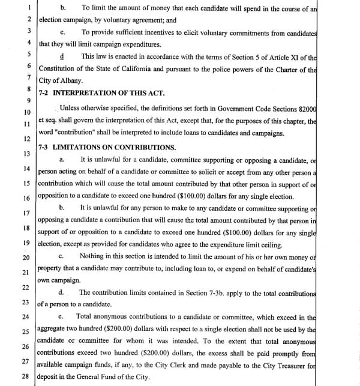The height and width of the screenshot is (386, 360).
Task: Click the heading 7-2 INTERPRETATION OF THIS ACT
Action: pyautogui.click(x=99, y=93)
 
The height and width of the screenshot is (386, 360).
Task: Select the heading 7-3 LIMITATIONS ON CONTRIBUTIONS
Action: pyautogui.click(x=107, y=147)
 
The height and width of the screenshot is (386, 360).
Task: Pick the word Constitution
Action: pyautogui.click(x=60, y=69)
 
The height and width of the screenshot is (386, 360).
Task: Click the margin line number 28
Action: pyautogui.click(x=25, y=376)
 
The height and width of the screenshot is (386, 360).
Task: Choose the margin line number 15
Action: pyautogui.click(x=26, y=183)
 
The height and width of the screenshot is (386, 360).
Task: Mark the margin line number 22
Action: pyautogui.click(x=25, y=287)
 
